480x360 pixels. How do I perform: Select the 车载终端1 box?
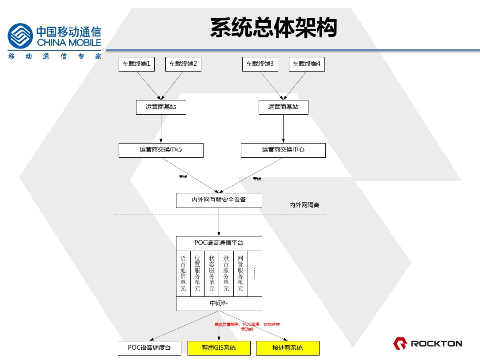136,64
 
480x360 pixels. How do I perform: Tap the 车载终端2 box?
183,64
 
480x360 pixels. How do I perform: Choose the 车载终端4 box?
307,64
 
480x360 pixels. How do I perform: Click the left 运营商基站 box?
160,107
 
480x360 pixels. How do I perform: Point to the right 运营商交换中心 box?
283,150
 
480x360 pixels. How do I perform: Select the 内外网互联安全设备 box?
219,200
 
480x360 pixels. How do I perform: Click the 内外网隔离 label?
304,205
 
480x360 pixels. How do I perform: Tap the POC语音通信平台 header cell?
219,243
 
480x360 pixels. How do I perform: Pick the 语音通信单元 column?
183,273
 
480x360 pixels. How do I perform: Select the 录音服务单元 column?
226,273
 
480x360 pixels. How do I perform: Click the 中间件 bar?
219,304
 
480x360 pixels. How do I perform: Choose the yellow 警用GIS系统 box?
219,348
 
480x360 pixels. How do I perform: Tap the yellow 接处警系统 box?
288,348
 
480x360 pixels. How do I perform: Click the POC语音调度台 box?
149,348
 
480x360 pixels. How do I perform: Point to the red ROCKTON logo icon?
400,343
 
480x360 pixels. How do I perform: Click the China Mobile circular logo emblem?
20,36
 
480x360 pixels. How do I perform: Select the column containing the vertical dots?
255,273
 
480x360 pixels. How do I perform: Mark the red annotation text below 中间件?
247,327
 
